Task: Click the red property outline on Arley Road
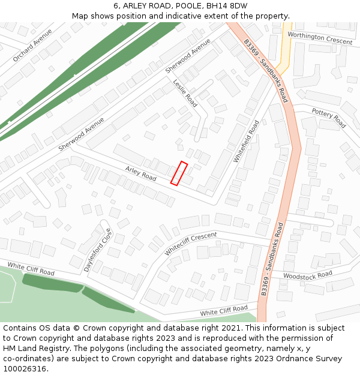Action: pyautogui.click(x=179, y=173)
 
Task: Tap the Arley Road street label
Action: pyautogui.click(x=140, y=174)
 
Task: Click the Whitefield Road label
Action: pyautogui.click(x=247, y=141)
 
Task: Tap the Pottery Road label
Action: pyautogui.click(x=328, y=118)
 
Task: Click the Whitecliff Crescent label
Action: pyautogui.click(x=190, y=243)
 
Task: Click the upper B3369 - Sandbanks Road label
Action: pyautogui.click(x=266, y=71)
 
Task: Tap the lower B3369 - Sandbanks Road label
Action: pyautogui.click(x=272, y=259)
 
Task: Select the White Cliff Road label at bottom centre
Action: pyautogui.click(x=224, y=311)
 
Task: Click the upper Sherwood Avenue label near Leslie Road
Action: pyautogui.click(x=188, y=56)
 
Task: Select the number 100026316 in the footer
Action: pyautogui.click(x=23, y=368)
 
